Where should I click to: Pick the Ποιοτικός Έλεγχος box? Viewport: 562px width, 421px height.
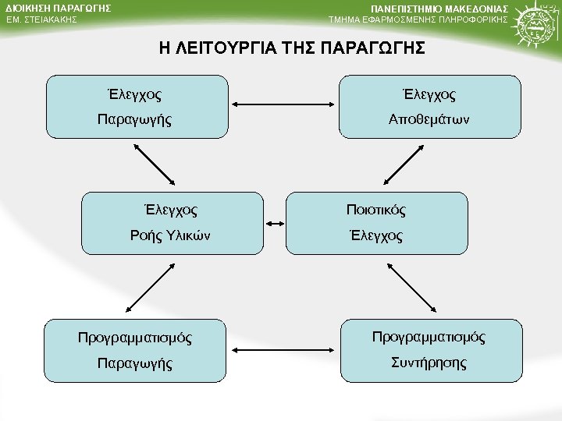[x=376, y=222]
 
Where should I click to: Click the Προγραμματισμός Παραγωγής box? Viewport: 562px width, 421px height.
[x=134, y=350]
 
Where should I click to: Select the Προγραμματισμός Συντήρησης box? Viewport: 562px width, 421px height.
[x=429, y=350]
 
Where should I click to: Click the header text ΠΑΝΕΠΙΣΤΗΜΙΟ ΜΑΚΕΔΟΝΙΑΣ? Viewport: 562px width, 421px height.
[x=450, y=9]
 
